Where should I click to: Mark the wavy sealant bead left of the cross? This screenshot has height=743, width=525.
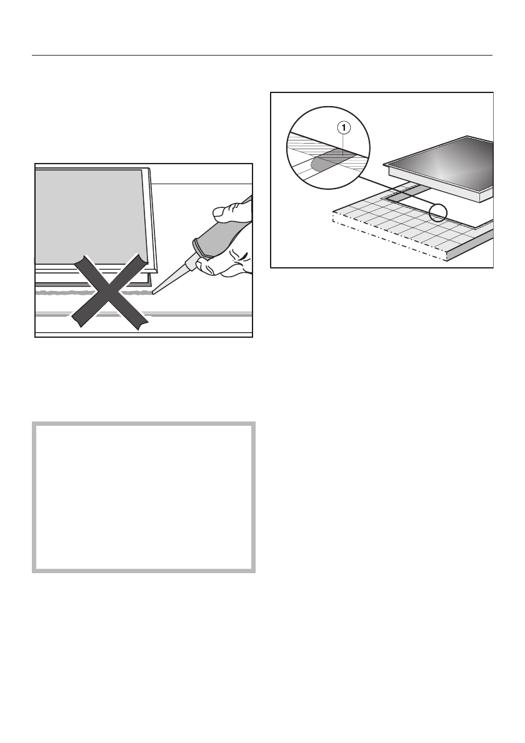[x=56, y=292]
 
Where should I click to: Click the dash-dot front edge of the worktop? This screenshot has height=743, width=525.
[x=387, y=240]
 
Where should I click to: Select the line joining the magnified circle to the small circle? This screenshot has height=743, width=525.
[x=400, y=194]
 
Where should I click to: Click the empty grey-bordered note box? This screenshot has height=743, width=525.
[x=144, y=497]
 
